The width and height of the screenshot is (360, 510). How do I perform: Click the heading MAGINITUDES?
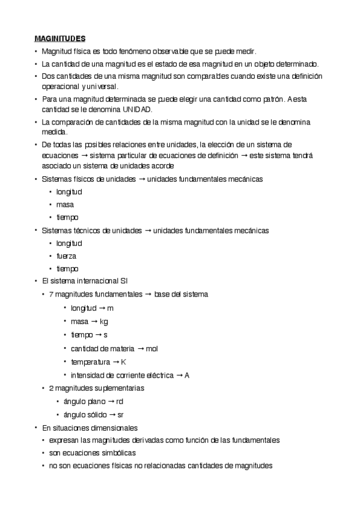pyautogui.click(x=59, y=38)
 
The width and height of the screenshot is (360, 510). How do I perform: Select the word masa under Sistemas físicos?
pyautogui.click(x=66, y=204)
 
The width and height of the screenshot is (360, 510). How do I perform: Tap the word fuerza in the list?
pyautogui.click(x=66, y=256)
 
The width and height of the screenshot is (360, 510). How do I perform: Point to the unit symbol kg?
pyautogui.click(x=103, y=321)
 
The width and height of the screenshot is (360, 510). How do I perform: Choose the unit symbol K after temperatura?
pyautogui.click(x=124, y=362)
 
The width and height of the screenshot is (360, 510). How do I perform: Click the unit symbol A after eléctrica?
pyautogui.click(x=187, y=375)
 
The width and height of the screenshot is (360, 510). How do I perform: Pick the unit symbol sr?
pyautogui.click(x=120, y=414)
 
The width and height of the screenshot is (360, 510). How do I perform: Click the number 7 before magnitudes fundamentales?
pyautogui.click(x=51, y=294)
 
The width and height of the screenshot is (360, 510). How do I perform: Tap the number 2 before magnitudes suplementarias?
pyautogui.click(x=51, y=388)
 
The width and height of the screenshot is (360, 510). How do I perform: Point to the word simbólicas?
pyautogui.click(x=116, y=452)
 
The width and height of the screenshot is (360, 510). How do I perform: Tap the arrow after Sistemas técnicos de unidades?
pyautogui.click(x=148, y=230)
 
